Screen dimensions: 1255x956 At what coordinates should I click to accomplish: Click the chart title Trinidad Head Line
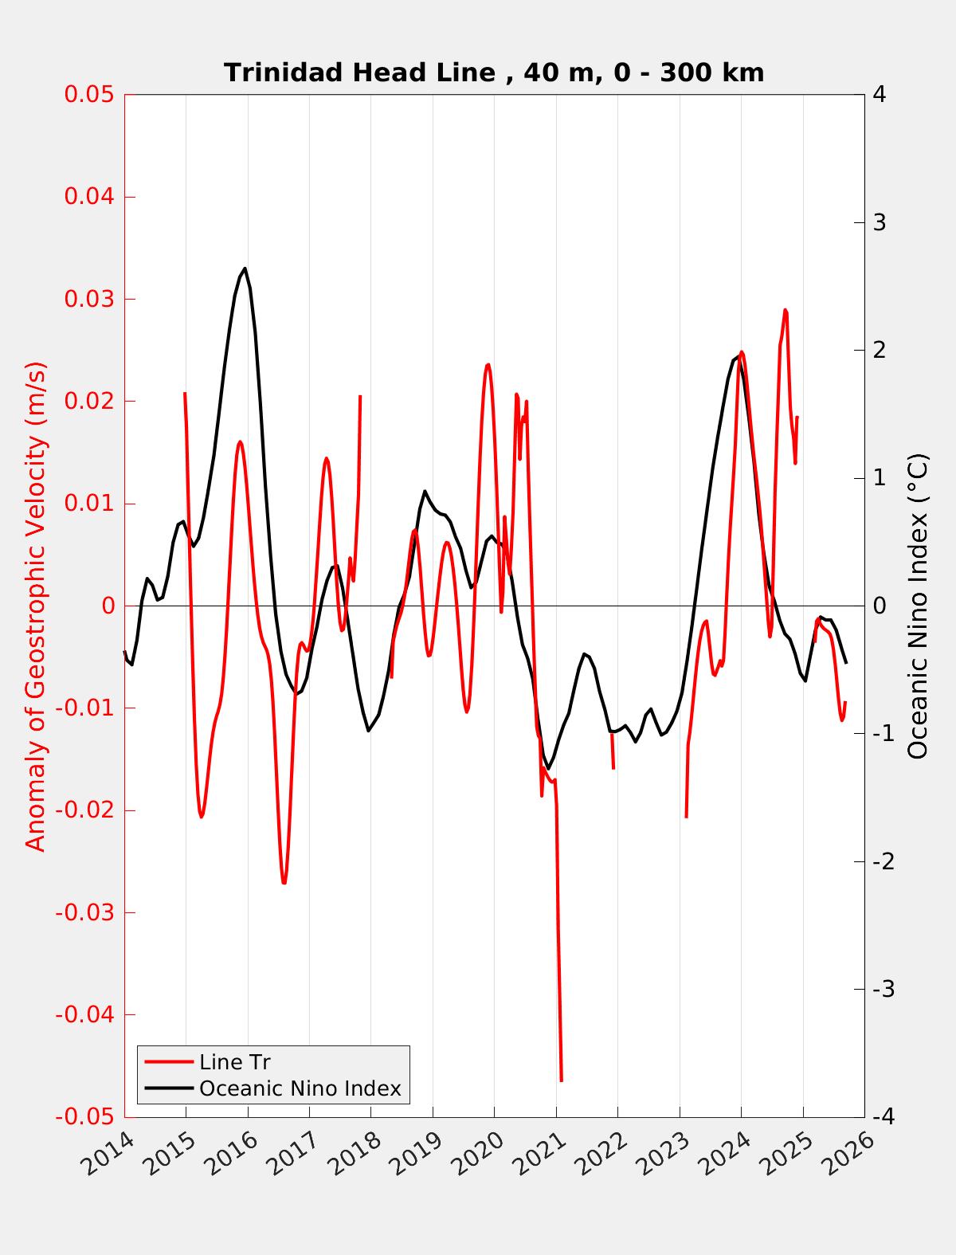(494, 73)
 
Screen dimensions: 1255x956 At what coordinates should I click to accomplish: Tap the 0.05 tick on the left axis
(90, 94)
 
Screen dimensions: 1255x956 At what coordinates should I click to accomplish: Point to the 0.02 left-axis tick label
(90, 401)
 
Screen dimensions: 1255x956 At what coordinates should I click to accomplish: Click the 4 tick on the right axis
(880, 94)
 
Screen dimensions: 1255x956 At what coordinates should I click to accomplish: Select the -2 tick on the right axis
(882, 861)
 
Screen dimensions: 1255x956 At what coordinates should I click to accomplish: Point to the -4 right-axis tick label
(882, 1117)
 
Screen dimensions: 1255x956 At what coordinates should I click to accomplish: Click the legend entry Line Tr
(235, 1062)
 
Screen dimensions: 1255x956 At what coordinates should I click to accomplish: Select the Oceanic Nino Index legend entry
(300, 1088)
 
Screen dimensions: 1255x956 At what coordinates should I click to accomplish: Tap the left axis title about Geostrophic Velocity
(37, 606)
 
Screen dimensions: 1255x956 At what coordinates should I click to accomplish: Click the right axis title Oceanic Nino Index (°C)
(918, 606)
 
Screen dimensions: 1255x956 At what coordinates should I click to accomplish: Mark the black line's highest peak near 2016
(245, 269)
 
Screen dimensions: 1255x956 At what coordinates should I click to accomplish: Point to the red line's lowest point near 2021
(561, 1080)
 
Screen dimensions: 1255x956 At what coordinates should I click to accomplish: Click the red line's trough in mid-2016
(284, 883)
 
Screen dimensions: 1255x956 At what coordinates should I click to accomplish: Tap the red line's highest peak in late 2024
(786, 310)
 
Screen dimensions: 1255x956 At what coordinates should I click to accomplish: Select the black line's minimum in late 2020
(547, 768)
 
